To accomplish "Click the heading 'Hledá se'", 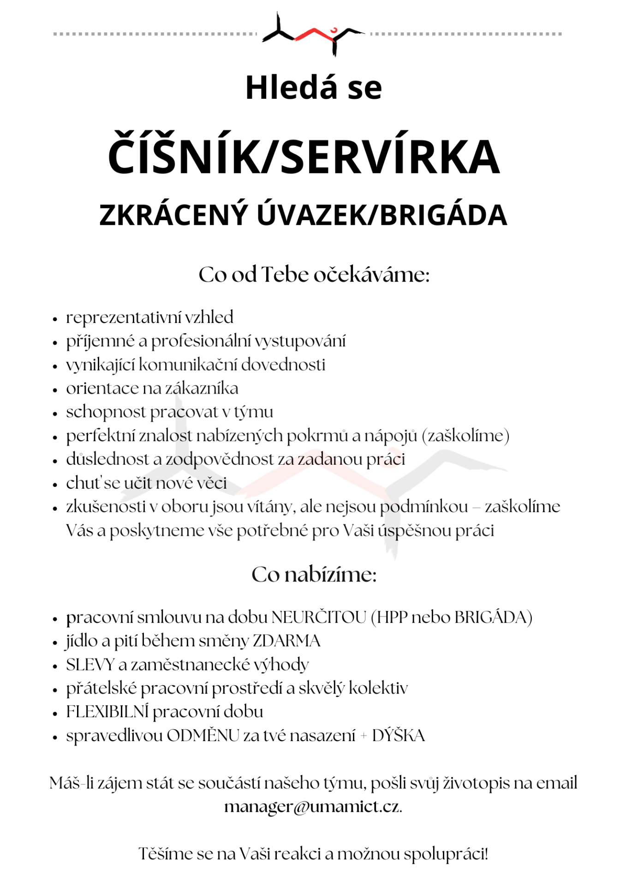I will pyautogui.click(x=313, y=88).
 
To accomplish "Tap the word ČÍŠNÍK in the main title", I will pyautogui.click(x=184, y=157).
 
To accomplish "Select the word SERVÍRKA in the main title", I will pyautogui.click(x=390, y=157).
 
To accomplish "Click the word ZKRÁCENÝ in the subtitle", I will pyautogui.click(x=173, y=215).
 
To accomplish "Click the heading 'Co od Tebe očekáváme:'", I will pyautogui.click(x=314, y=275).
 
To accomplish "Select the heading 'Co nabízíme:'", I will pyautogui.click(x=314, y=575).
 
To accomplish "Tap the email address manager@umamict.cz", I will pyautogui.click(x=312, y=807).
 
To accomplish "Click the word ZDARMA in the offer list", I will pyautogui.click(x=286, y=641).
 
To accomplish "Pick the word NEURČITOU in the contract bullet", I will pyautogui.click(x=319, y=617).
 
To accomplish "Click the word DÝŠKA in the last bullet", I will pyautogui.click(x=399, y=736).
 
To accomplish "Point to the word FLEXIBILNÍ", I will pyautogui.click(x=107, y=712).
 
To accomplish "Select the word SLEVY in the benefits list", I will pyautogui.click(x=90, y=665).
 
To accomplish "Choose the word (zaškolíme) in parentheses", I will pyautogui.click(x=465, y=436).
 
